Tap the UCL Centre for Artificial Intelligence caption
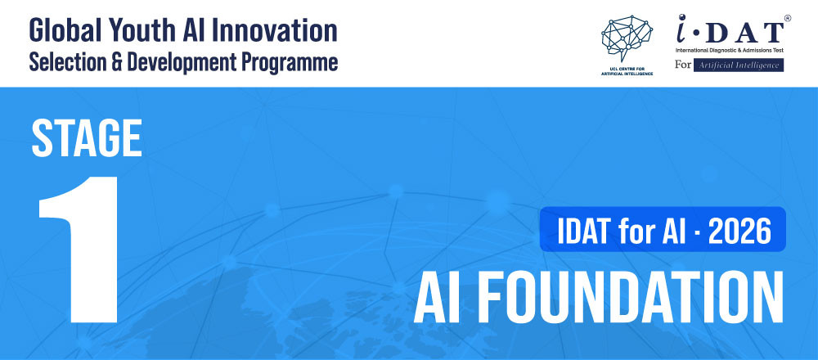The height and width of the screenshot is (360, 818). click(x=627, y=71)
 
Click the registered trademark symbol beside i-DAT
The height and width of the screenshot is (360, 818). click(x=787, y=18)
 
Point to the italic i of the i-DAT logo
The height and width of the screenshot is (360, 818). click(x=683, y=29)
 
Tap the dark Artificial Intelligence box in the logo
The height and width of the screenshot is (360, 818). click(x=738, y=65)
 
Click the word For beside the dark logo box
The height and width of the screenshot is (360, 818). click(x=683, y=65)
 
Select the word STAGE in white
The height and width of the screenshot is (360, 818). click(x=87, y=137)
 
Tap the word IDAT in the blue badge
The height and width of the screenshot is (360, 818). click(x=585, y=231)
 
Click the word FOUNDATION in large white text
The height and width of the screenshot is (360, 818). click(x=630, y=297)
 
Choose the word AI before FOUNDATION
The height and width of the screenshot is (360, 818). click(x=437, y=297)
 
